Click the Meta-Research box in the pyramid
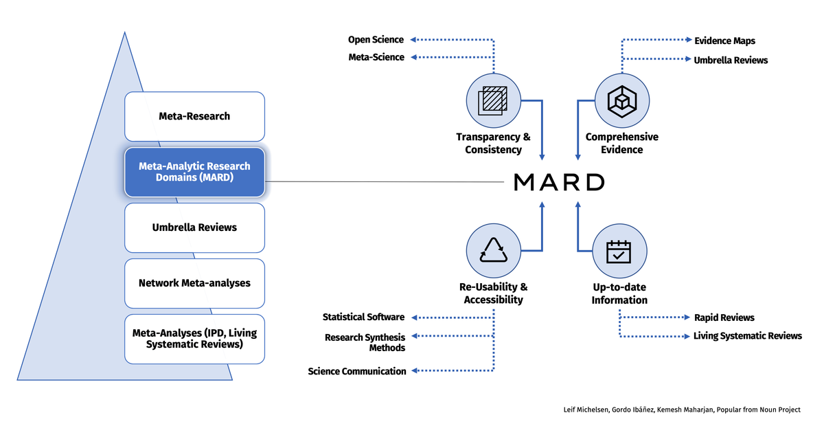coord(194,117)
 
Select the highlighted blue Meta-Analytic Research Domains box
coord(194,172)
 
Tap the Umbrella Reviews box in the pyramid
coord(194,227)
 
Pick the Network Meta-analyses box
coord(194,283)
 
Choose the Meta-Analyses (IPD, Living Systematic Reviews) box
coord(194,338)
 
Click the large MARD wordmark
coord(560,182)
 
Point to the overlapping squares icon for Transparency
coord(493,100)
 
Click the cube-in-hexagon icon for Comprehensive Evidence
coord(621,100)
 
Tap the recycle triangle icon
coord(493,252)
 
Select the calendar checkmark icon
coord(619,252)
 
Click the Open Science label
coord(376,40)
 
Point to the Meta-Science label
coord(376,57)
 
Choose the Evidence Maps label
coord(724,41)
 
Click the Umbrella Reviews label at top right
coord(731,60)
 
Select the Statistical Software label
coord(363,317)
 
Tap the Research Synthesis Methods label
coord(365,342)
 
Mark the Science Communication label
coord(357,371)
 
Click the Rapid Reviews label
coord(724,317)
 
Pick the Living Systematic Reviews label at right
coord(747,336)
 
